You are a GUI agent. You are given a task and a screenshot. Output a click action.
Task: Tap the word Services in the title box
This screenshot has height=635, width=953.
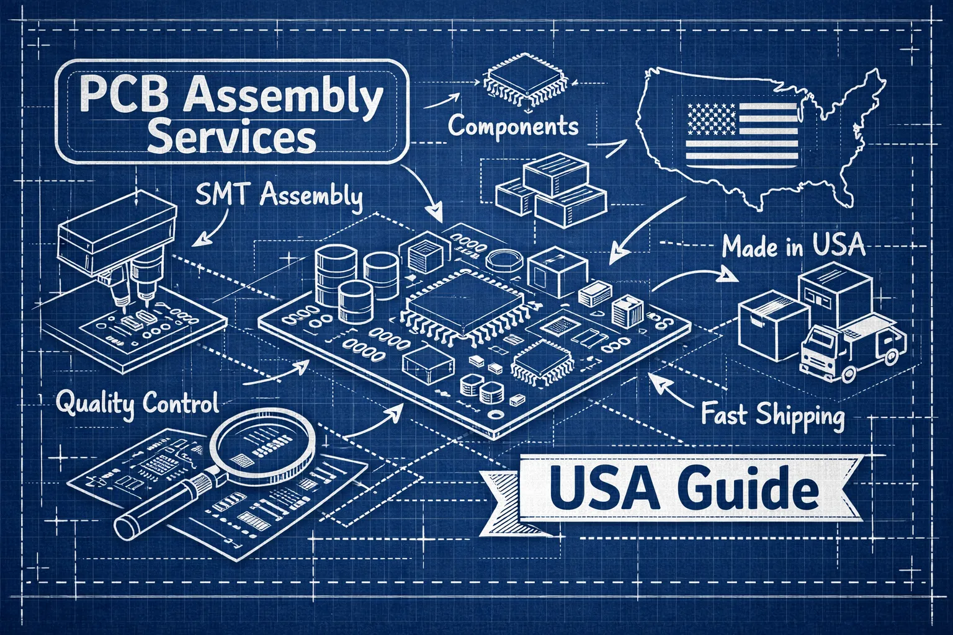[x=233, y=138]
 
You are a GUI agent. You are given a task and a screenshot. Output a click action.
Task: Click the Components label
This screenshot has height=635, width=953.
[x=512, y=127]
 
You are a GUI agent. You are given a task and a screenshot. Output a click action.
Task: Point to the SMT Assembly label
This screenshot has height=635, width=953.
[x=278, y=197]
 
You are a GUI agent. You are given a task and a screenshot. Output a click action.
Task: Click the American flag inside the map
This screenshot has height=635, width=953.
[x=741, y=133]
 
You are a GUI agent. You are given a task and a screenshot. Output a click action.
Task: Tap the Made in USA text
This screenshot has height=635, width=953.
[x=794, y=247]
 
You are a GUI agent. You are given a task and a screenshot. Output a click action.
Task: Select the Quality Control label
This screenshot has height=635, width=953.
[x=137, y=404]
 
